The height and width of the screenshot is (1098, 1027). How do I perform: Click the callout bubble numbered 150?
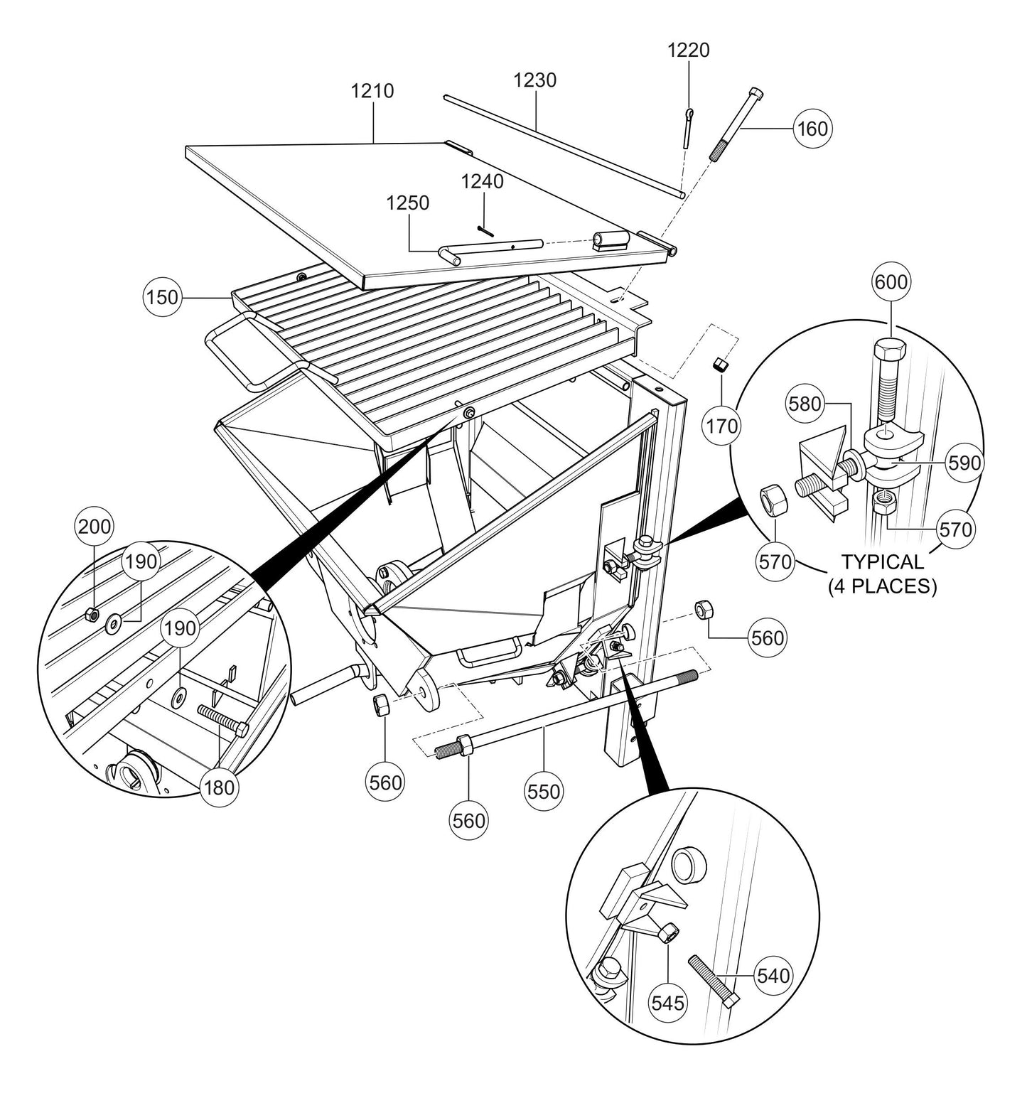[x=163, y=296]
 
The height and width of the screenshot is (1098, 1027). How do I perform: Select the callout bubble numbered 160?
[x=812, y=129]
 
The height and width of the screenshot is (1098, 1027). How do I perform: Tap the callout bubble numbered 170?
[x=722, y=426]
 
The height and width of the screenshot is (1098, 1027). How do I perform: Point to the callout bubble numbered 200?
[x=95, y=527]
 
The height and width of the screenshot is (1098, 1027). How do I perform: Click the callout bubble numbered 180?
[x=217, y=788]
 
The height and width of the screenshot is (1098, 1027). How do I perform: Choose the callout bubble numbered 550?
[x=544, y=790]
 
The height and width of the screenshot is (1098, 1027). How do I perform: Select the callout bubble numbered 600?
[x=891, y=282]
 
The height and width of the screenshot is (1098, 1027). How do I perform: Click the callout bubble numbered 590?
[x=965, y=463]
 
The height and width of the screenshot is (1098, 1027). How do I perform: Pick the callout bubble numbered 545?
[x=669, y=1002]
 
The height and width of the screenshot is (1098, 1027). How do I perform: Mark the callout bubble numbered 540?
[x=773, y=976]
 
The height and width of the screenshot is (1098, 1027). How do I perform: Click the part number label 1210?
[x=372, y=92]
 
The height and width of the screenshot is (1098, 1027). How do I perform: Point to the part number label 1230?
[x=535, y=80]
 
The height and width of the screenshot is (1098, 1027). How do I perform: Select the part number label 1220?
[x=688, y=50]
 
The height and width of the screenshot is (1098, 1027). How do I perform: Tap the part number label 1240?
[x=483, y=182]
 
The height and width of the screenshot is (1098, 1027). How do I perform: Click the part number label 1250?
[x=408, y=203]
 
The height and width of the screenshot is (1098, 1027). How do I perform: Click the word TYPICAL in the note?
[x=882, y=562]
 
